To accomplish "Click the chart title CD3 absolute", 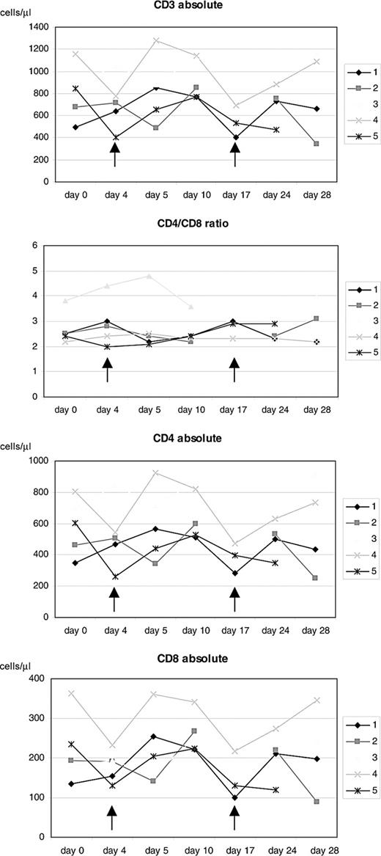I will (x=194, y=7).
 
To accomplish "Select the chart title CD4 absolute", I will (x=194, y=439).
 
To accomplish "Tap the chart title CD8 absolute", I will (x=194, y=659).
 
